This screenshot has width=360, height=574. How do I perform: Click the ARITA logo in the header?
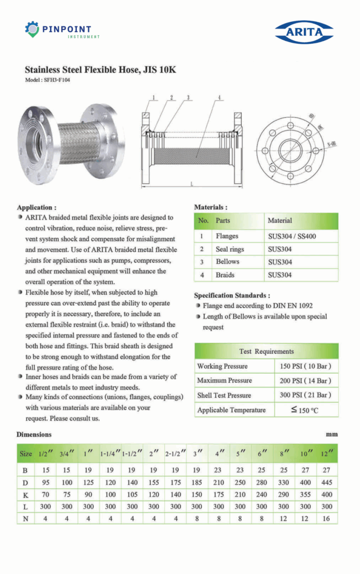(304, 31)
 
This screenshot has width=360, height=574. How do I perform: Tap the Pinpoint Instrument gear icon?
(32, 29)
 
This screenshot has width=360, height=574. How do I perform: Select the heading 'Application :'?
(36, 207)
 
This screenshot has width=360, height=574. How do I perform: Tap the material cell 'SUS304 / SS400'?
(292, 236)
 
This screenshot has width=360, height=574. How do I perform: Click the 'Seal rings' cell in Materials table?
(230, 249)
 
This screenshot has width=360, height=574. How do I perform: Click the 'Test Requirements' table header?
(266, 351)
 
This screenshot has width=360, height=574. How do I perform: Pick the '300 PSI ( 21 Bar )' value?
(306, 395)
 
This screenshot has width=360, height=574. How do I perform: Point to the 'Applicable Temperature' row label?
(232, 410)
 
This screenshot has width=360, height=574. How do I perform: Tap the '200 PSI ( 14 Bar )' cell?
(306, 381)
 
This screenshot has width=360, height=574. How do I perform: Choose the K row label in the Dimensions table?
(25, 494)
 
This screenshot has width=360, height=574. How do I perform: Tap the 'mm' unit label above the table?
(332, 434)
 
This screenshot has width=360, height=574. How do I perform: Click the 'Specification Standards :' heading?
(232, 295)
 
